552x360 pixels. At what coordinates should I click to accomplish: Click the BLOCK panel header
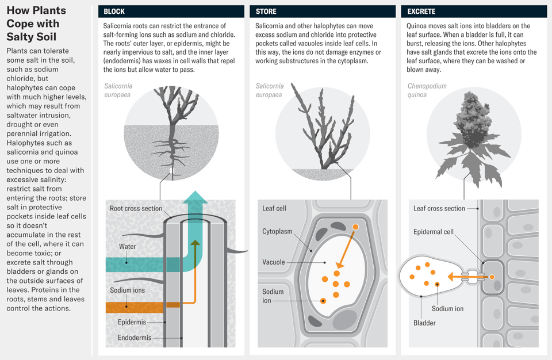[x=114, y=12]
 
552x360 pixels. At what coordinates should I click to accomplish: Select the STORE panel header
[x=266, y=12]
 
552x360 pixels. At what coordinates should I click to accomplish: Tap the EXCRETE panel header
[x=421, y=12]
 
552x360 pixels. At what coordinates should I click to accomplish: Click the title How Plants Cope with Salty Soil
[x=36, y=24]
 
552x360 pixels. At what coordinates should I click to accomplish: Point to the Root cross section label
[x=136, y=208]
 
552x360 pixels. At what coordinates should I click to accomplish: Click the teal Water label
[x=127, y=247]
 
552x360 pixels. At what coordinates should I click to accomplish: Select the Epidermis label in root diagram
[x=132, y=322]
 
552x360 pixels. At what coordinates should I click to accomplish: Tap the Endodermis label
[x=135, y=338]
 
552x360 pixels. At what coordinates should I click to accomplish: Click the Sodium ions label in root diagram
[x=127, y=290]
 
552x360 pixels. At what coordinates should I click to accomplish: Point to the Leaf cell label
[x=274, y=208]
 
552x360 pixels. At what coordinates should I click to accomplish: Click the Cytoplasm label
[x=277, y=231]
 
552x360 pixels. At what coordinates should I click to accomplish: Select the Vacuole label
[x=273, y=262]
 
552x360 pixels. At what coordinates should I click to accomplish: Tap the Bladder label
[x=424, y=323]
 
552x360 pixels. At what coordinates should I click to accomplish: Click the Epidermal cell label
[x=434, y=232]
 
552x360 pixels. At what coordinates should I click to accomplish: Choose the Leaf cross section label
[x=439, y=208]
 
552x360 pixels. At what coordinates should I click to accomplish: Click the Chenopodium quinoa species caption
[x=427, y=90]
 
